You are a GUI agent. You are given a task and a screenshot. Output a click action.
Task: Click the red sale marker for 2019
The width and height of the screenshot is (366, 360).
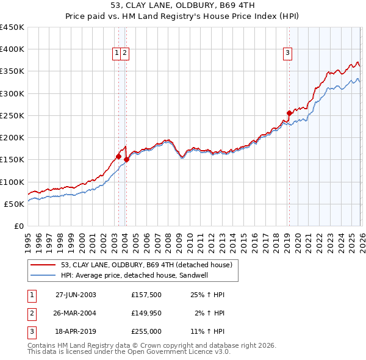coord(289,113)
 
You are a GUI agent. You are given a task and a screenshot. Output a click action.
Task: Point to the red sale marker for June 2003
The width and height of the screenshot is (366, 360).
coord(118,156)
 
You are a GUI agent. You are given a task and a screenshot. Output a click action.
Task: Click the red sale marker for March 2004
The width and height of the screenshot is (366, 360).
coord(126,159)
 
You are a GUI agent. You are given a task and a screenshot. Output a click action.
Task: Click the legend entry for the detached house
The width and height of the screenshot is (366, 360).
coord(146,265)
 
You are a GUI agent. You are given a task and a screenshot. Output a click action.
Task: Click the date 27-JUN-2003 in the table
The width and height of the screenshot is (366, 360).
coord(76,295)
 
